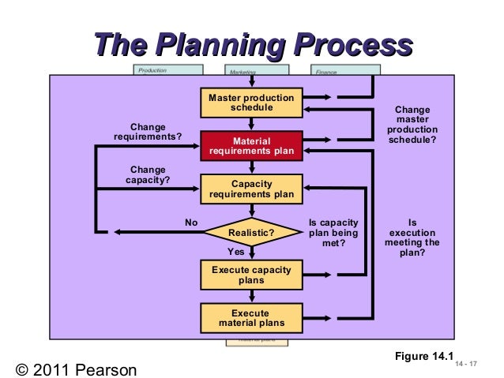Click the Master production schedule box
(x=251, y=103)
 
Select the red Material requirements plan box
(x=251, y=146)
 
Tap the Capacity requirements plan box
(x=251, y=189)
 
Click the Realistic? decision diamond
(x=251, y=233)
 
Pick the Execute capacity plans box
(x=251, y=275)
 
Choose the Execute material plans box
(x=251, y=318)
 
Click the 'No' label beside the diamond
(x=191, y=223)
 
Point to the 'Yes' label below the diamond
(x=235, y=252)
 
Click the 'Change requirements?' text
(x=148, y=131)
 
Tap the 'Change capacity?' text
(x=148, y=174)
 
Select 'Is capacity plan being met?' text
(x=333, y=233)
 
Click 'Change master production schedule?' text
(x=412, y=125)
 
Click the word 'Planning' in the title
(x=224, y=45)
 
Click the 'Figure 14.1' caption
(x=424, y=357)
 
